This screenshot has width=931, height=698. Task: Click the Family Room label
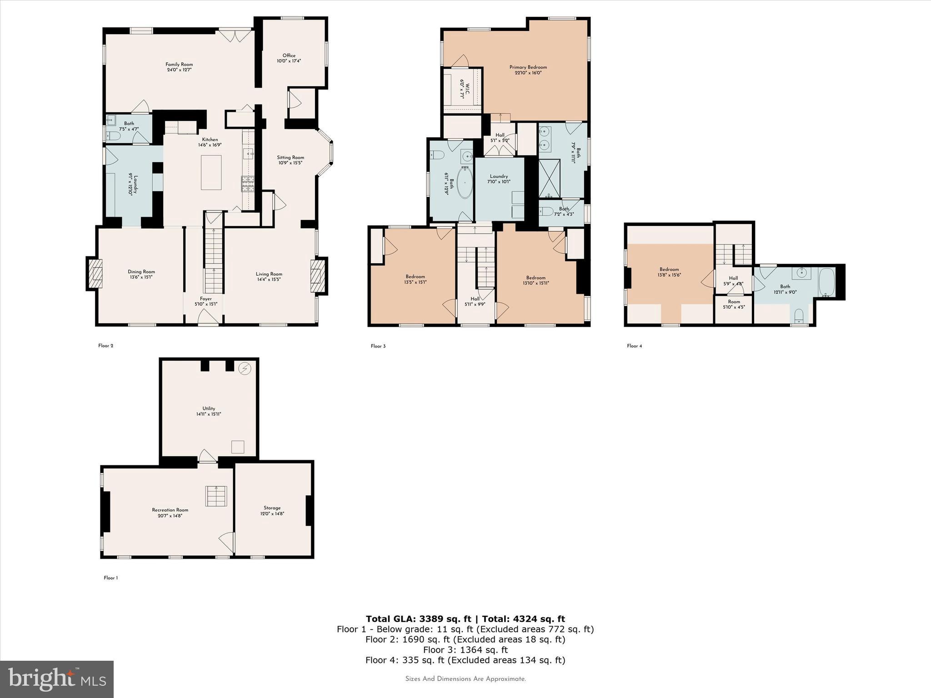coord(179,67)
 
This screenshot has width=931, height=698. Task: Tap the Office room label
coord(289,58)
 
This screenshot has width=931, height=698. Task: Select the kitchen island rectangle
coord(211,172)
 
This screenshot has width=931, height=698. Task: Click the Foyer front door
coord(207,318)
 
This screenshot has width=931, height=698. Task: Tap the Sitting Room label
coord(290,160)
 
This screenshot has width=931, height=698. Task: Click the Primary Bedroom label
coord(528,70)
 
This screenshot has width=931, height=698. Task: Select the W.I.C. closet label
coord(462,90)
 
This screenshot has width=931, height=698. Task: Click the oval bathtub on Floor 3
coord(465,183)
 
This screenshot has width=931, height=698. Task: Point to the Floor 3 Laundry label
coord(499,179)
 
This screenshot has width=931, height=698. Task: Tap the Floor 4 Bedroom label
coord(669,272)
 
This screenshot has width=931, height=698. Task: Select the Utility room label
coord(209,411)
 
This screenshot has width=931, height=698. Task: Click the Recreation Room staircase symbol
coord(216,496)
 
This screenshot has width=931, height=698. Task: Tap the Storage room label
coord(272,510)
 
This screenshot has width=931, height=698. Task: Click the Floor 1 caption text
coord(110,578)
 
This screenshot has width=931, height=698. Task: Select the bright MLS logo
coord(57,679)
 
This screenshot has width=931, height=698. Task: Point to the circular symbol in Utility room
coord(245,368)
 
